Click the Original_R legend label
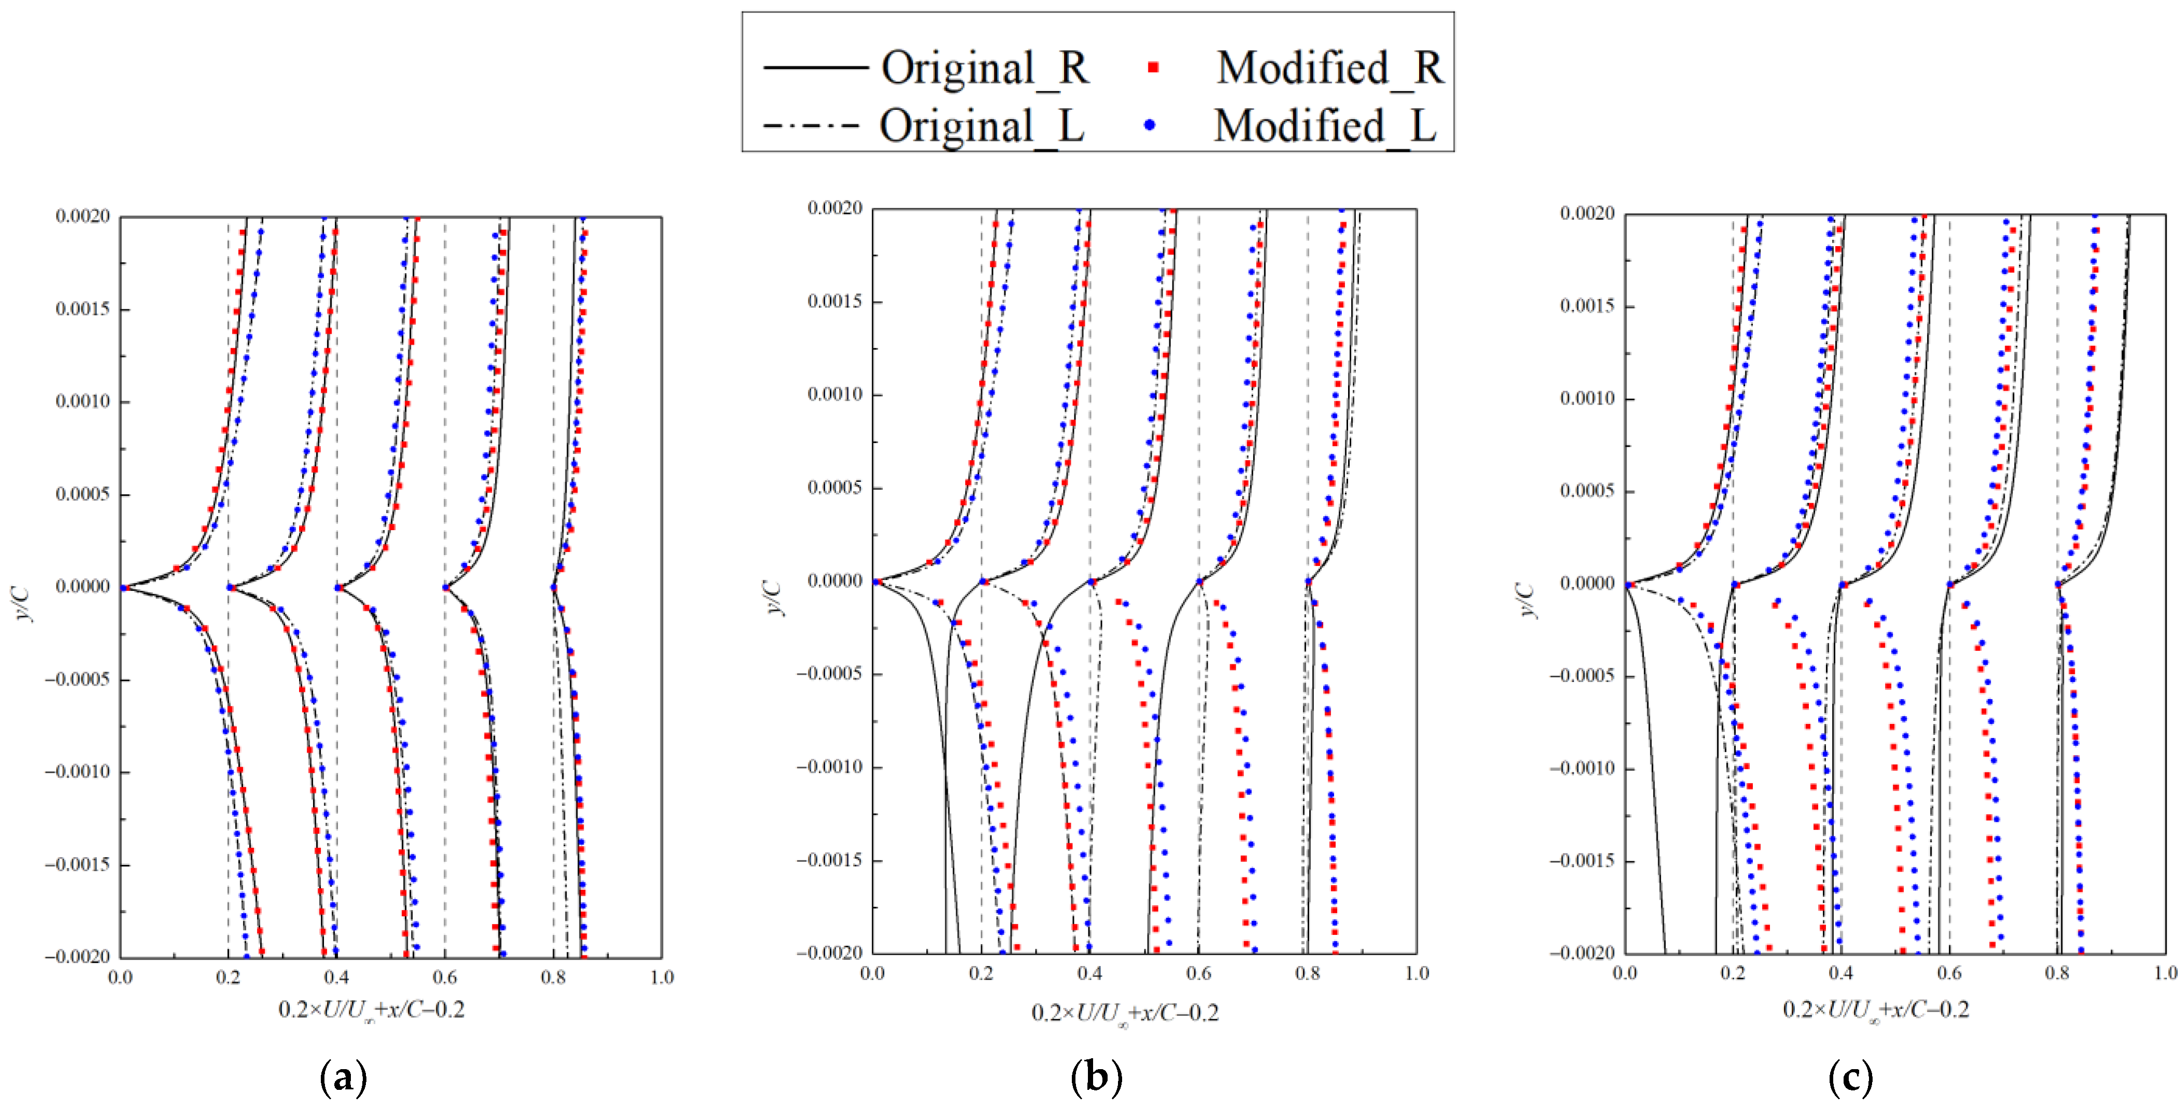[985, 68]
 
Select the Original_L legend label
[982, 126]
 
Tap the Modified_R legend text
[1330, 68]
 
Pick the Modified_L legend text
[1325, 126]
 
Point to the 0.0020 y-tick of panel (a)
[83, 217]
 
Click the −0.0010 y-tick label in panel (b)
[830, 767]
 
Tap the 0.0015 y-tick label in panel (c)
[1587, 306]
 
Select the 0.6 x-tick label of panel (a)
[445, 977]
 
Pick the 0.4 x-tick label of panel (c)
[1840, 973]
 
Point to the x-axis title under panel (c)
[1876, 1010]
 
